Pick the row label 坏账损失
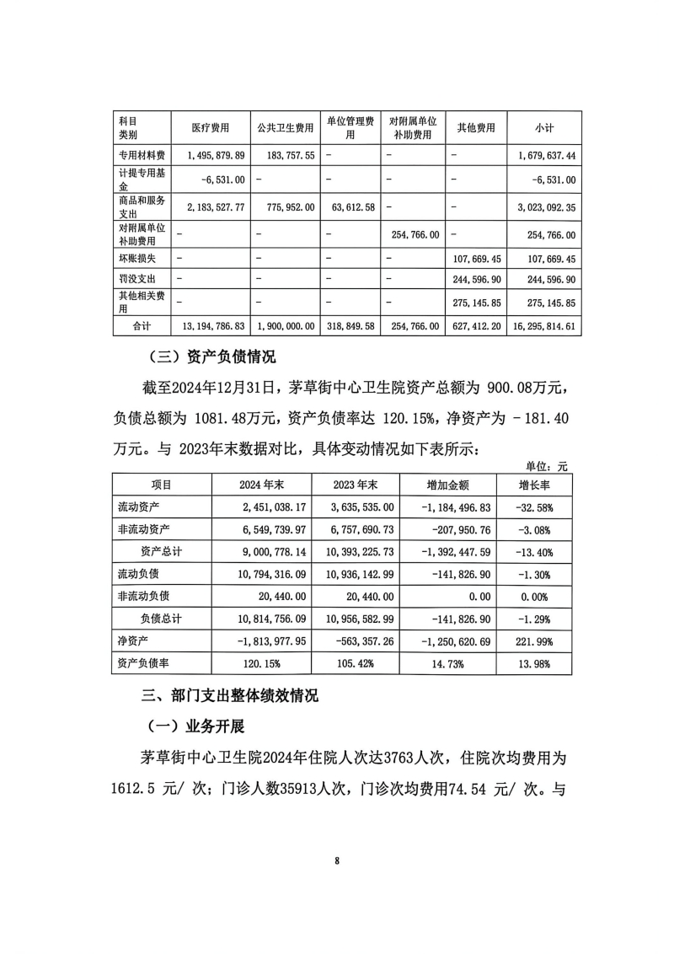[136, 256]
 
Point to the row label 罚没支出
[136, 278]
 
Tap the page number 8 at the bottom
[337, 860]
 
